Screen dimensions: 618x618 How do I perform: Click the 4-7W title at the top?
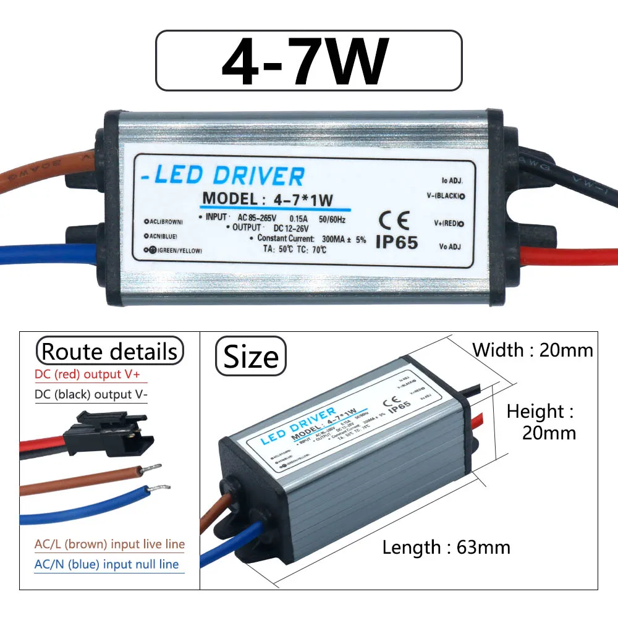tap(307, 61)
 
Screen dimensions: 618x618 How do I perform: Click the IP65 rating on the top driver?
tap(397, 242)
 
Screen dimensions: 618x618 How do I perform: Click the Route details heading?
tap(110, 352)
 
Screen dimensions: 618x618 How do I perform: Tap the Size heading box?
tap(251, 357)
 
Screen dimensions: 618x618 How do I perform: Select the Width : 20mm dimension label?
tap(532, 350)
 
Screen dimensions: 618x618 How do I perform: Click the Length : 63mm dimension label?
tap(446, 547)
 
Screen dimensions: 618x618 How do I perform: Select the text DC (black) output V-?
tap(91, 394)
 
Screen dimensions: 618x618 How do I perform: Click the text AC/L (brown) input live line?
tap(109, 544)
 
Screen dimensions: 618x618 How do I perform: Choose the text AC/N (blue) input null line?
tap(106, 564)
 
